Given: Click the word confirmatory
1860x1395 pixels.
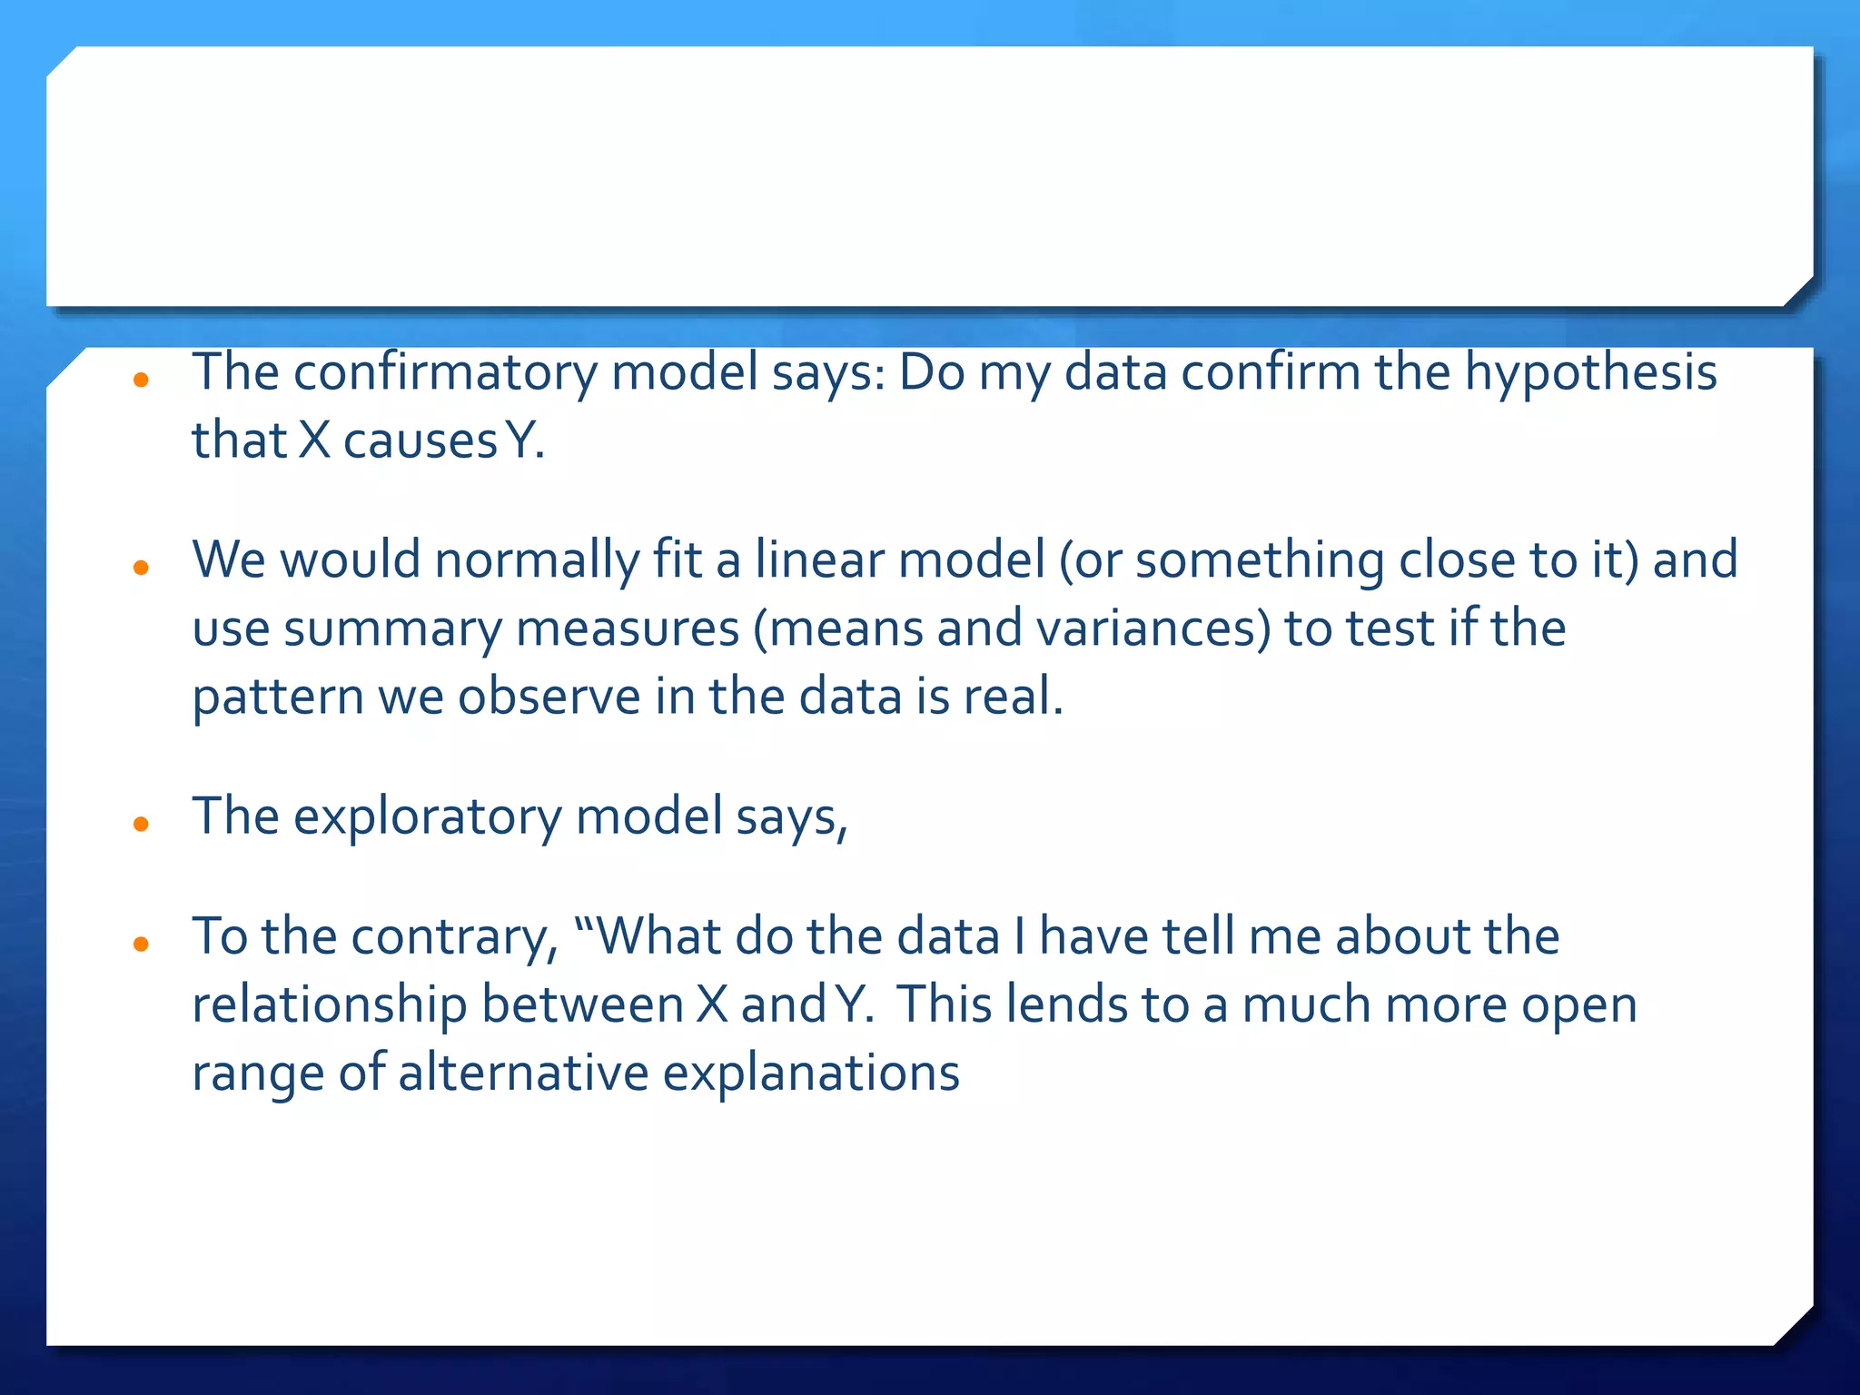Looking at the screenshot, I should [445, 373].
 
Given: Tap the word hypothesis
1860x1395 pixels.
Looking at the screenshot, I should [1590, 373].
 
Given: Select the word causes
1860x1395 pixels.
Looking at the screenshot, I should [420, 441].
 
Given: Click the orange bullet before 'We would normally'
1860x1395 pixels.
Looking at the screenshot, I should [141, 569].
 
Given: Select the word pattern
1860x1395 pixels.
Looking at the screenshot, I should [278, 697].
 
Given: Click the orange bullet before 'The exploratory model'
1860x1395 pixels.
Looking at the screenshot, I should [141, 825].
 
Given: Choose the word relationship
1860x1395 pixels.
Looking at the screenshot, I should [330, 1005].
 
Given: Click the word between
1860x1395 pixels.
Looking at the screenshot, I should [582, 1005].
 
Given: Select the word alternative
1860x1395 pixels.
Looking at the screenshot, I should [523, 1073].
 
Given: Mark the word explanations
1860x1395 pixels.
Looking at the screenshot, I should [811, 1073].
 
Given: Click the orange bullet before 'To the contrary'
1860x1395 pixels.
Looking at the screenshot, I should [141, 945].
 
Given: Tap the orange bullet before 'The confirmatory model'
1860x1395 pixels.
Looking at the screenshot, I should [141, 381].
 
